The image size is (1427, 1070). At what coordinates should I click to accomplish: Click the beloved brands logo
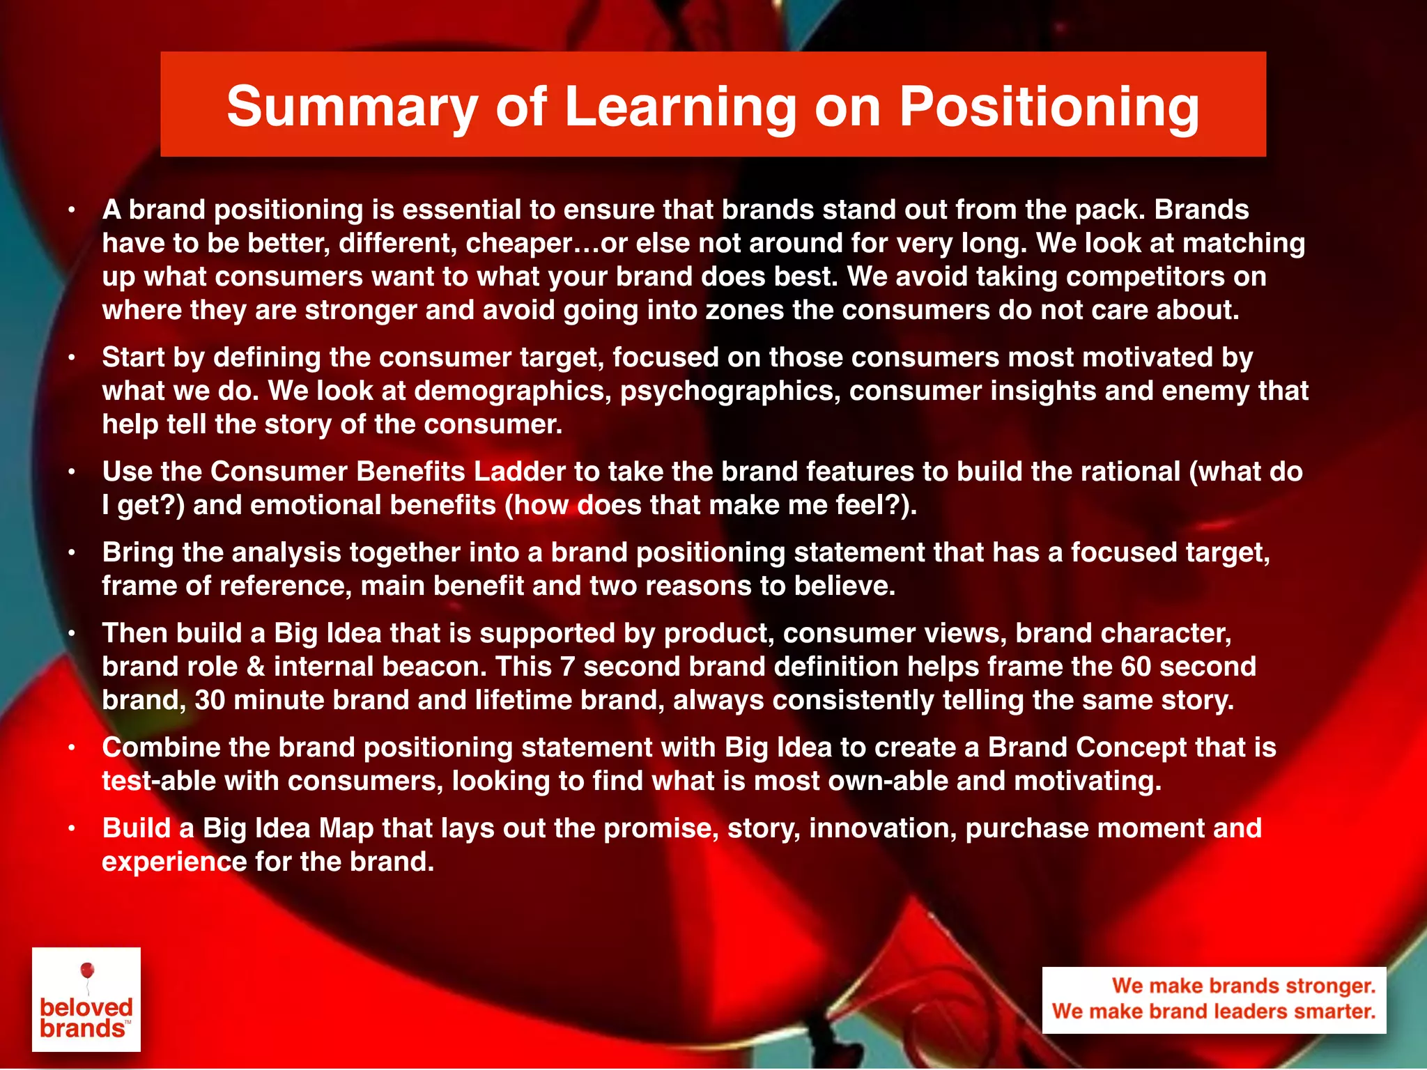[x=86, y=999]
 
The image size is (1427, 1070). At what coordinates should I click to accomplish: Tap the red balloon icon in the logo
[x=87, y=970]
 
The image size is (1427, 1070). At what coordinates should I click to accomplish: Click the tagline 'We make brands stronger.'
[x=1243, y=986]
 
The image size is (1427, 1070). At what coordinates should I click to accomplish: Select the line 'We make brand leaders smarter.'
[x=1214, y=1011]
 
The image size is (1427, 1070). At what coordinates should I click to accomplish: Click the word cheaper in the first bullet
[x=518, y=243]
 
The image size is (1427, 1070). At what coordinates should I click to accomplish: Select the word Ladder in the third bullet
[x=519, y=472]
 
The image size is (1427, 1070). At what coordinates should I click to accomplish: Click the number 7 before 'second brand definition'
[x=567, y=667]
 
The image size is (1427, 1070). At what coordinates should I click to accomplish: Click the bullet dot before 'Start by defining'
[x=71, y=358]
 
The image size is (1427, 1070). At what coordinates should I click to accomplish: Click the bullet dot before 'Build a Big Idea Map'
[x=71, y=829]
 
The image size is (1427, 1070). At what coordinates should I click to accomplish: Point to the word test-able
[x=158, y=781]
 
